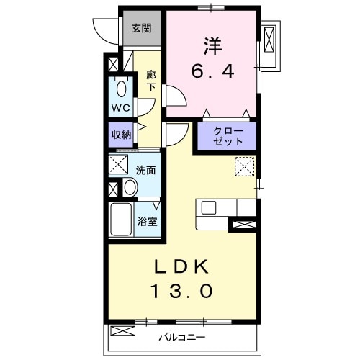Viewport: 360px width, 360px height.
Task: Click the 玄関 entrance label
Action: coord(141,29)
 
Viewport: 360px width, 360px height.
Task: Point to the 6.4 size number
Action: coord(212,72)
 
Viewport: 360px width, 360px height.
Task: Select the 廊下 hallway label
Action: coord(151,80)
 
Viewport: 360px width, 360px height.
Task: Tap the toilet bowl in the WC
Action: coord(121,90)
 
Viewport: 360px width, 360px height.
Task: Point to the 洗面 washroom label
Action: coord(146,170)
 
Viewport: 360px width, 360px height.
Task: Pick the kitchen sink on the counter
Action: coord(210,207)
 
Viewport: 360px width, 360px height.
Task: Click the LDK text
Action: coord(181,266)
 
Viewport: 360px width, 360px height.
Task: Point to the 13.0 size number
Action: coord(181,292)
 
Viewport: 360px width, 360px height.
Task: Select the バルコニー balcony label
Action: coord(182,337)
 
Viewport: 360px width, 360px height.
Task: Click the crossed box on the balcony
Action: coord(124,331)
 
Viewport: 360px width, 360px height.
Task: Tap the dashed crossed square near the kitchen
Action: coord(244,166)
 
